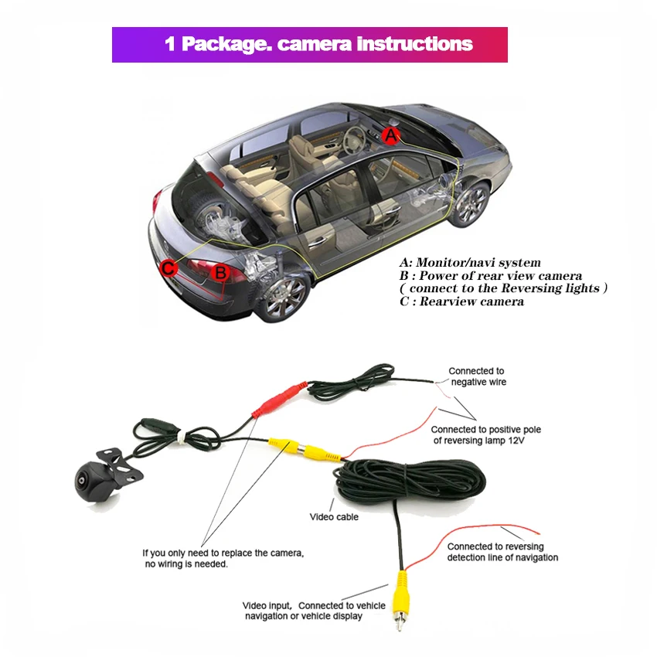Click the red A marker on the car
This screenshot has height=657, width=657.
tap(392, 136)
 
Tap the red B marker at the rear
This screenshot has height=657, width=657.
tap(220, 271)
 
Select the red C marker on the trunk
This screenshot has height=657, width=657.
tap(169, 268)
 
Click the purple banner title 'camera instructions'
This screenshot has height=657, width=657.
tap(310, 44)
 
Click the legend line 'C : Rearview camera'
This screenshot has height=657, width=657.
tap(461, 301)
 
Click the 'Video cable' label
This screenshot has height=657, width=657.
tap(334, 516)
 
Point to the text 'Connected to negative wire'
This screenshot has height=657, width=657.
tap(478, 376)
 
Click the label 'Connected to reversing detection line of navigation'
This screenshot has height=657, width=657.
tap(502, 552)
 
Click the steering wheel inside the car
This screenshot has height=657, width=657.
tap(355, 140)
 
